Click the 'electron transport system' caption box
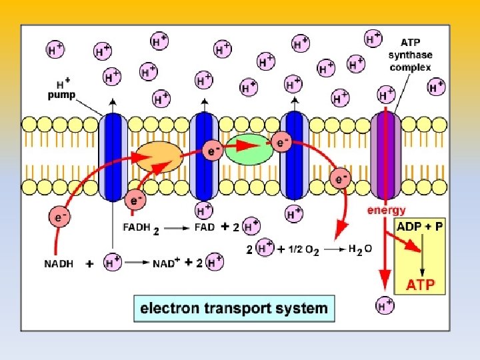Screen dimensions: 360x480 234,309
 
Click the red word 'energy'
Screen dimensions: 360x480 387,211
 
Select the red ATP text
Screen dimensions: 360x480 421,286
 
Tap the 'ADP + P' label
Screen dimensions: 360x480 420,226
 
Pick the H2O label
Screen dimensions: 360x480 360,249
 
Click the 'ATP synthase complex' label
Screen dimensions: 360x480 410,55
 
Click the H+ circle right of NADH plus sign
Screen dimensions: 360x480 112,263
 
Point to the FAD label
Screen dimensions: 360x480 205,227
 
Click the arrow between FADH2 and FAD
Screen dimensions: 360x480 178,228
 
